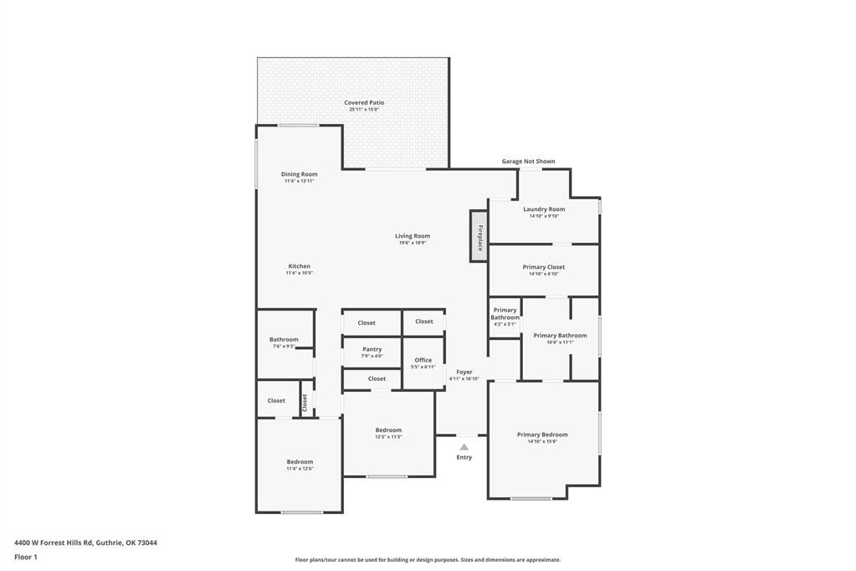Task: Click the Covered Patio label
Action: coord(364,103)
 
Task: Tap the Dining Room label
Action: coord(300,174)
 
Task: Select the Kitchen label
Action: coord(300,266)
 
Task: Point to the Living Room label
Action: coord(413,236)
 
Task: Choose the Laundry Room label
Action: coord(544,209)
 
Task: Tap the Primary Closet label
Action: coord(544,267)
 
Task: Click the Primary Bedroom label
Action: coord(542,435)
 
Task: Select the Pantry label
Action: coord(372,349)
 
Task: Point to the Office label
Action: coord(423,360)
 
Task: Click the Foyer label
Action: coord(464,372)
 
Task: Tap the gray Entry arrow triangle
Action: coord(464,447)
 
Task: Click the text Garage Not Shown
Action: coord(528,162)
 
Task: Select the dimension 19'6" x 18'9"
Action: coord(413,243)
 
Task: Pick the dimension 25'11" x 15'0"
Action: coord(364,110)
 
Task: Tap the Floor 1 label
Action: coord(26,557)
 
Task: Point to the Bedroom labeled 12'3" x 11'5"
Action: coord(388,430)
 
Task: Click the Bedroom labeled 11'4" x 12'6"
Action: coord(300,462)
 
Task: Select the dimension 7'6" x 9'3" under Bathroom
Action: coord(284,347)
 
